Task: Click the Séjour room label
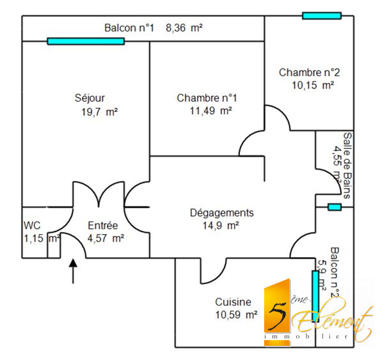[90, 98]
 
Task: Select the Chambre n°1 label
[207, 98]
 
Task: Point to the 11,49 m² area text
[210, 111]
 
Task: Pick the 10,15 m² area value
[313, 84]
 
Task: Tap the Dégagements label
[222, 213]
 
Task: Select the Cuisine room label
[233, 302]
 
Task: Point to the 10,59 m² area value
[237, 315]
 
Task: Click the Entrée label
[103, 225]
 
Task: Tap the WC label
[33, 225]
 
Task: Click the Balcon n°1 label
[130, 28]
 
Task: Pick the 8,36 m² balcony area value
[184, 28]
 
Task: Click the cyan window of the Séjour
[86, 42]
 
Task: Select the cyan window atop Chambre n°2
[322, 15]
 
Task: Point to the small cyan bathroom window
[334, 207]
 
